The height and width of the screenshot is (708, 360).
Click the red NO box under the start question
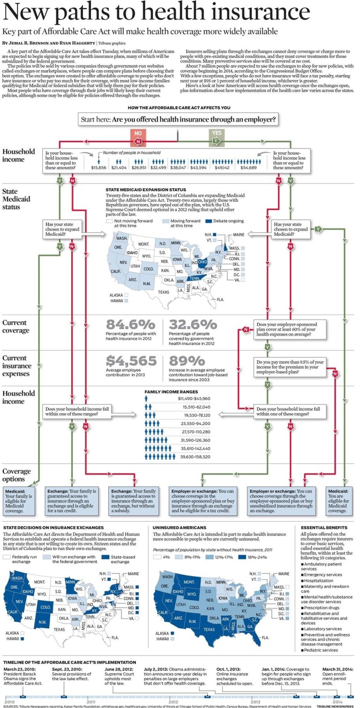138,136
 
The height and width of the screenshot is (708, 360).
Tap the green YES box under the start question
216,136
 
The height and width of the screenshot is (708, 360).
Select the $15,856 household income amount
99,167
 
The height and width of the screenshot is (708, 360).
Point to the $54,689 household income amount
248,167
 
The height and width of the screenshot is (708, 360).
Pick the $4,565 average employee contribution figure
131,360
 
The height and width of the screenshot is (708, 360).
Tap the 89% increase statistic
186,360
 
